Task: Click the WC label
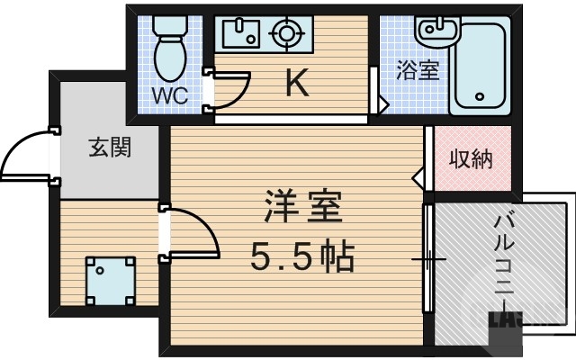pos(168,95)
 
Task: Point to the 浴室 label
pos(418,70)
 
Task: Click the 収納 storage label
pos(471,160)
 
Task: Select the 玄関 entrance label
pos(110,147)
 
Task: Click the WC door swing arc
pos(234,90)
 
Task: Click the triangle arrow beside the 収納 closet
pos(418,175)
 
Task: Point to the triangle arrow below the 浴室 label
pos(382,105)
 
